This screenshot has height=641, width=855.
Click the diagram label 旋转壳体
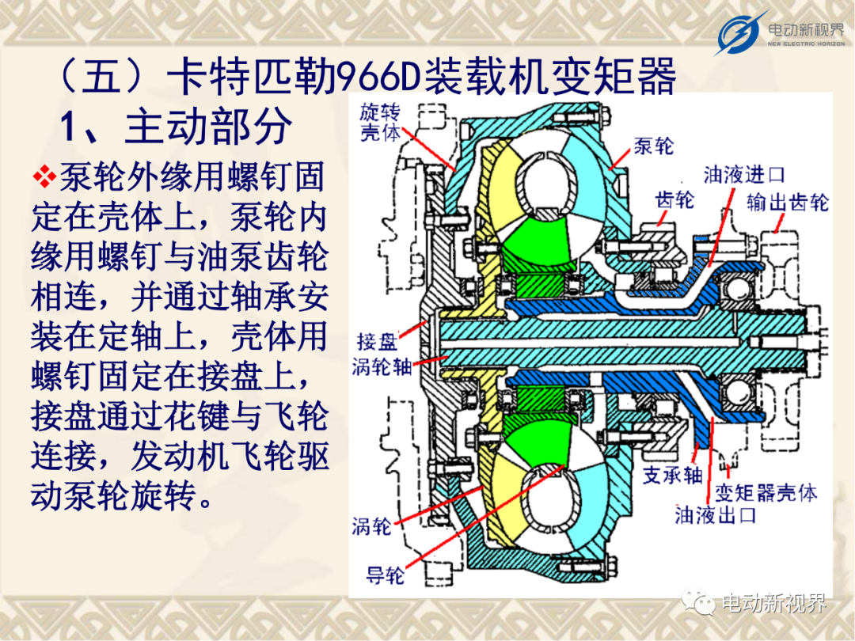[x=380, y=123]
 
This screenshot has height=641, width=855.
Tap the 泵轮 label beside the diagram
[x=653, y=146]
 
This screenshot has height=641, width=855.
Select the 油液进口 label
[x=743, y=175]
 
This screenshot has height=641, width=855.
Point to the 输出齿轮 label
[x=788, y=203]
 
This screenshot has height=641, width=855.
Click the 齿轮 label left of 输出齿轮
[x=674, y=200]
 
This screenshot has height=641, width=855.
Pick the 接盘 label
[x=376, y=342]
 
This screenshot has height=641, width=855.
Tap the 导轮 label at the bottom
[x=386, y=575]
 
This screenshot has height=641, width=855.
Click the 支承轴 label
[x=672, y=476]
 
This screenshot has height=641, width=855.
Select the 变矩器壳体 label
[x=766, y=493]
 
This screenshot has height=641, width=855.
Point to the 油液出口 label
[x=715, y=514]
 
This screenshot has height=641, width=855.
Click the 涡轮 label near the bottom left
[x=371, y=526]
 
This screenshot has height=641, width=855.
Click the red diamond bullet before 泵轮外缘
[x=44, y=176]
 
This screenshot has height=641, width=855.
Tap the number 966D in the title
[x=381, y=76]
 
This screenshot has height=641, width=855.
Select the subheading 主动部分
[x=207, y=126]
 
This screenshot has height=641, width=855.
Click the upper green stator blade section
[x=537, y=243]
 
